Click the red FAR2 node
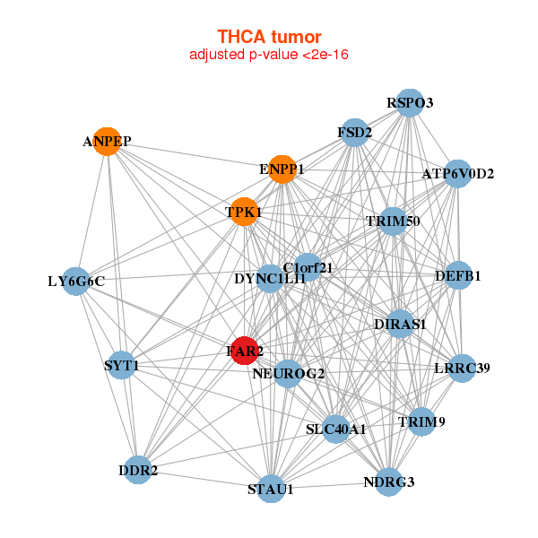coord(244,351)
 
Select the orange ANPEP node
coord(108,142)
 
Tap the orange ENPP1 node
coord(282,169)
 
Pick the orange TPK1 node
coord(243,213)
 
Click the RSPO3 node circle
coord(409,102)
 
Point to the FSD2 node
coord(354,134)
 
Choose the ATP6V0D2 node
coord(457,173)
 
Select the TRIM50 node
coord(393,221)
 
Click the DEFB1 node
coord(458,275)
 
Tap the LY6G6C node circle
coord(76,282)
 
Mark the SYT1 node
coord(121,365)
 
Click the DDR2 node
coord(137,470)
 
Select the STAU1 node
coord(271,489)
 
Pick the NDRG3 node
coord(389,482)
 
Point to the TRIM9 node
coord(421,421)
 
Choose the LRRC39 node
coord(462,368)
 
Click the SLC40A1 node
coord(336,429)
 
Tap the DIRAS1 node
coord(400,324)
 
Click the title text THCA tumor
coord(269,37)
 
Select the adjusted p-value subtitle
coord(269,55)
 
